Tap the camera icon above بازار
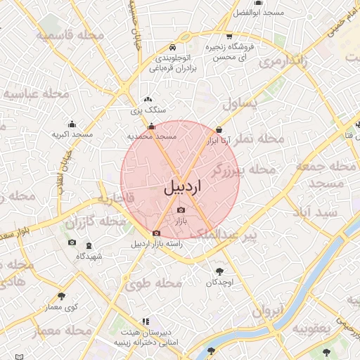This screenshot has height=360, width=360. [181, 210]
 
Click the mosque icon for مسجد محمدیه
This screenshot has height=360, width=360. [151, 127]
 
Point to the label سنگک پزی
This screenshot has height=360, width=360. [148, 110]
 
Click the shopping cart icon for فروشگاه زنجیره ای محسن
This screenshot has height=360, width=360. [229, 37]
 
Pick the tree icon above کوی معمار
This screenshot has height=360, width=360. [62, 296]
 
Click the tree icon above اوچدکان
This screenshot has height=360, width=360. [219, 271]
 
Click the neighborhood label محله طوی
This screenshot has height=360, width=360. [154, 284]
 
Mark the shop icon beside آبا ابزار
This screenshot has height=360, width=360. [220, 129]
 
